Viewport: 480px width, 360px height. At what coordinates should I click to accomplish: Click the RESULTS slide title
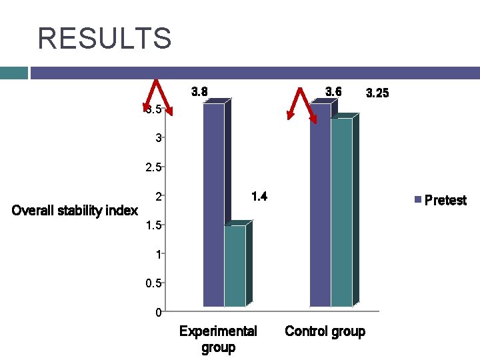point(105,38)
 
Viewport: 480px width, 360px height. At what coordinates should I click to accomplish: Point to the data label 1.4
point(259,196)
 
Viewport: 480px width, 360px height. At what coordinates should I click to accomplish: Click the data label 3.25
point(377,93)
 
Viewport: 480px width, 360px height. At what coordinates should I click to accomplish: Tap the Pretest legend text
point(445,200)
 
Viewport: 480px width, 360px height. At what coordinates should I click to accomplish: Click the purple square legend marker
point(418,200)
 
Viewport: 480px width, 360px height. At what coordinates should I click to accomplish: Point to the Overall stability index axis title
point(75,211)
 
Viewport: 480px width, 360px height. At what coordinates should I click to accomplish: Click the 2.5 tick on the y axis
point(154,167)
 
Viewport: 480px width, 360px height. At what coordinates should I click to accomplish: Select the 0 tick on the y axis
point(157,312)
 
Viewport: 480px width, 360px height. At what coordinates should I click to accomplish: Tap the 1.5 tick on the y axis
point(154,225)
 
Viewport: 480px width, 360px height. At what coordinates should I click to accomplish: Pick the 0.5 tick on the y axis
point(154,283)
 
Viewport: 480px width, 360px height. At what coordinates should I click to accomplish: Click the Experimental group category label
point(218,339)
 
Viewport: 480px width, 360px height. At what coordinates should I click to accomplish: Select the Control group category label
point(325,331)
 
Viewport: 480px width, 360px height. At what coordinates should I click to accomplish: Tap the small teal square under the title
point(13,73)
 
